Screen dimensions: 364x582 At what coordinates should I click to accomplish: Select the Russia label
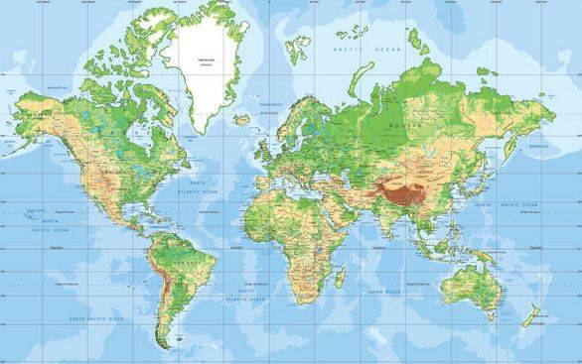[x=416, y=127]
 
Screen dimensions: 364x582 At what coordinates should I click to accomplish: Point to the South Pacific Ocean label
[x=96, y=318]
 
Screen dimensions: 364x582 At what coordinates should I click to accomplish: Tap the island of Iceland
[x=242, y=119]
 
